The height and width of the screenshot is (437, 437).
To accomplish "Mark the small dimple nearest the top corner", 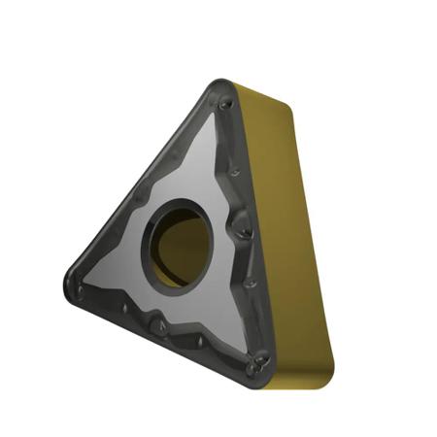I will click(225, 102).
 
